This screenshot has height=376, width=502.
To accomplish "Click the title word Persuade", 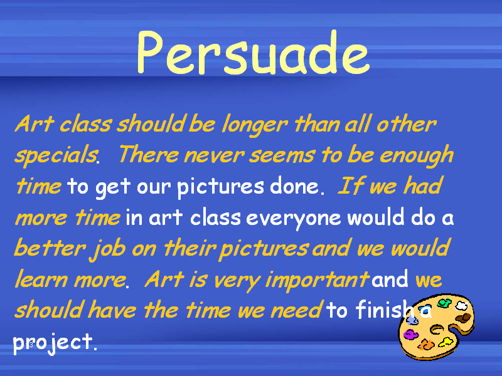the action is (254, 53).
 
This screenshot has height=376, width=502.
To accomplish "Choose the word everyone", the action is (293, 219).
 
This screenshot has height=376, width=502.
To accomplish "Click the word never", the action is (214, 155).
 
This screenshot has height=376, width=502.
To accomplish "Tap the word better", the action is (50, 248).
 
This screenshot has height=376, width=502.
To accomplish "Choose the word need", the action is (296, 310).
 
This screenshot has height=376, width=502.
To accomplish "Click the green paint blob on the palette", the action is (445, 303).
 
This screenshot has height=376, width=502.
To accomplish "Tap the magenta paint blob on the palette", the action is (411, 335).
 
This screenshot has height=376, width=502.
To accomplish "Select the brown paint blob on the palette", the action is (463, 318).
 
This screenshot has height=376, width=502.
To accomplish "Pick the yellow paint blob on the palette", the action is (446, 342).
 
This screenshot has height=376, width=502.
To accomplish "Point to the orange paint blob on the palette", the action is (426, 345).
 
